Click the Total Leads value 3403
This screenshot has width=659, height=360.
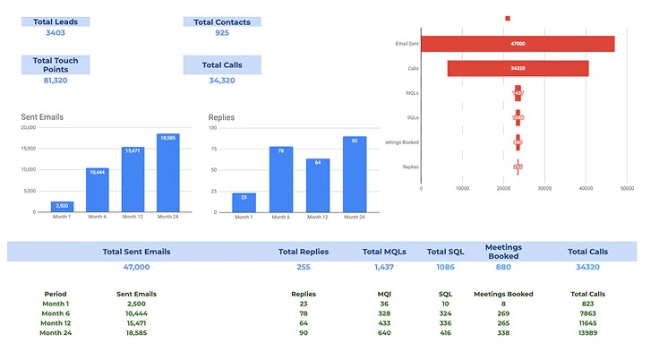[x=55, y=32]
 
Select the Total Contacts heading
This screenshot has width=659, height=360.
[x=222, y=21]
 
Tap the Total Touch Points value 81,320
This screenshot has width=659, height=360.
[x=55, y=81]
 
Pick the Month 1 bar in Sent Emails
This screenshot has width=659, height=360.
[x=62, y=206]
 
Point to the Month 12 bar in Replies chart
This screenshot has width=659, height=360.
[x=318, y=185]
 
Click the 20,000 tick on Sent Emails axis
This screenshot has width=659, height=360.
[x=26, y=127]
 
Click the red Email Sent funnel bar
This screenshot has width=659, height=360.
[x=518, y=44]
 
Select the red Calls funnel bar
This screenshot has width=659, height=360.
[x=518, y=68]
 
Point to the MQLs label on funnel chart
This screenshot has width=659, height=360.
[x=412, y=92]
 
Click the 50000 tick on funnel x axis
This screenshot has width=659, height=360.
[x=627, y=189]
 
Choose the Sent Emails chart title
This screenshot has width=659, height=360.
[x=42, y=117]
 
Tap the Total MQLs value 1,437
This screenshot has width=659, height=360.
[x=384, y=267]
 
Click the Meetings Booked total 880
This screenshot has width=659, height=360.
[x=503, y=267]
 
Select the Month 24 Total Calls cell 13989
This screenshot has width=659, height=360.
[x=587, y=332]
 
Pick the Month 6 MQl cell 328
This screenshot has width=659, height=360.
[x=384, y=313]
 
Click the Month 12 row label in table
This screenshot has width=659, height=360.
[x=56, y=322]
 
